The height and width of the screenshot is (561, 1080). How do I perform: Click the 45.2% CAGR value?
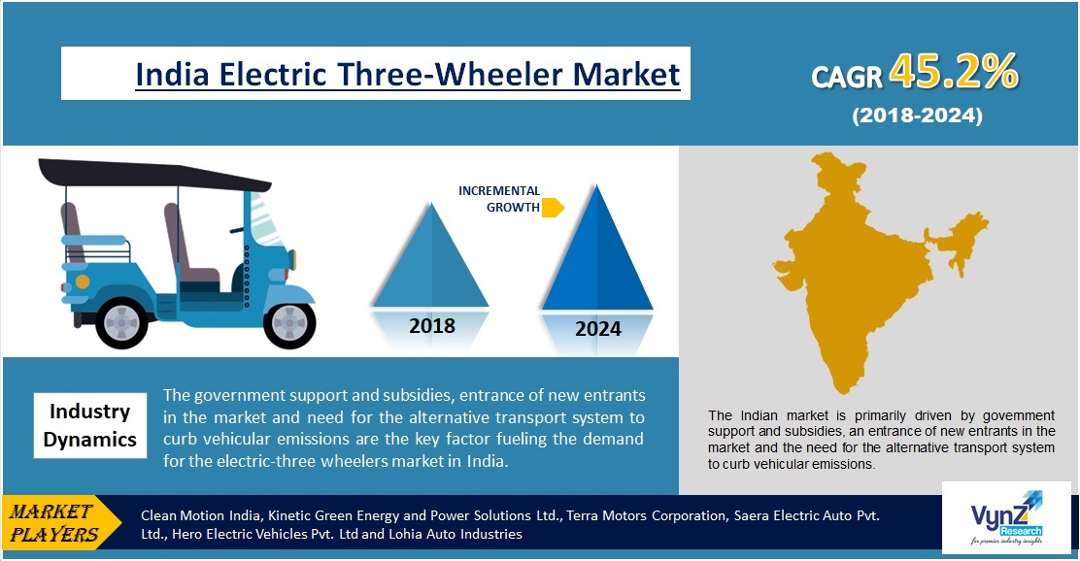954,71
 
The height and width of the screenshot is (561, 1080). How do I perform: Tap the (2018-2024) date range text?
918,115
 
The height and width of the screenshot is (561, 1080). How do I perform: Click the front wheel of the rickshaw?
290,323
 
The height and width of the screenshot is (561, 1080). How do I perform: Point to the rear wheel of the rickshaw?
122,322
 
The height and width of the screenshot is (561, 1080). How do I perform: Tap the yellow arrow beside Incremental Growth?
553,207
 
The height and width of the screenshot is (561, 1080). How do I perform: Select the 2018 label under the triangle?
432,325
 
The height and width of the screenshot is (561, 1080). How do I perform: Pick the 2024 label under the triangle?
598,329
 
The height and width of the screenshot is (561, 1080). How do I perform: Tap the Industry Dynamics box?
90,425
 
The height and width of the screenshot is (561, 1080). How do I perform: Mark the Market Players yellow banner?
60,522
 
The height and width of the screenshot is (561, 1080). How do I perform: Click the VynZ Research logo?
1006,518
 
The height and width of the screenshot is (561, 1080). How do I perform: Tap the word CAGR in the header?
847,77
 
